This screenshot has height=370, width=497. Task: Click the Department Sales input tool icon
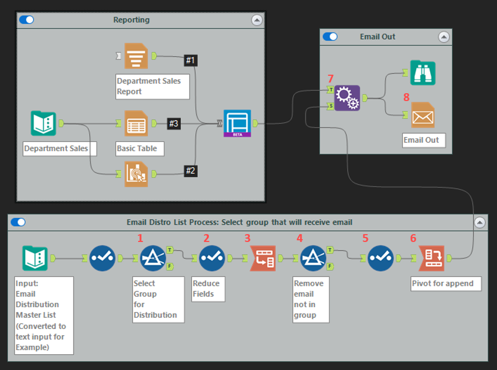pyautogui.click(x=43, y=124)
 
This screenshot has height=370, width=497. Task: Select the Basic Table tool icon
pyautogui.click(x=136, y=124)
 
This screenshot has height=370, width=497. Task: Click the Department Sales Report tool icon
pyautogui.click(x=136, y=56)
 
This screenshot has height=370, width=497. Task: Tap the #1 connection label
pyautogui.click(x=190, y=60)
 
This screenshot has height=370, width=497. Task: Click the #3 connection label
pyautogui.click(x=174, y=124)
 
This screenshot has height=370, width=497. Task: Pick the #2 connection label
pyautogui.click(x=190, y=171)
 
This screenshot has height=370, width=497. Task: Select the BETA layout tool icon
pyautogui.click(x=237, y=124)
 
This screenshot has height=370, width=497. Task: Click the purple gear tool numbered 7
pyautogui.click(x=346, y=98)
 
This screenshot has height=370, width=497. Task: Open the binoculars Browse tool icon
pyautogui.click(x=422, y=72)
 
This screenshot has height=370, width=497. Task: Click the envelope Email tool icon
pyautogui.click(x=422, y=115)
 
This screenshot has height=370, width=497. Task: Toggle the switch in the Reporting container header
pyautogui.click(x=26, y=20)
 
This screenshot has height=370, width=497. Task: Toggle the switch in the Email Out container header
pyautogui.click(x=330, y=36)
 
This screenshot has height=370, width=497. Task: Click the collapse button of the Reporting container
pyautogui.click(x=257, y=20)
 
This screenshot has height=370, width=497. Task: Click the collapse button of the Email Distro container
pyautogui.click(x=480, y=222)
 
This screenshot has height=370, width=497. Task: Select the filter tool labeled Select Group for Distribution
pyautogui.click(x=153, y=258)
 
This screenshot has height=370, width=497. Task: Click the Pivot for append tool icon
pyautogui.click(x=431, y=258)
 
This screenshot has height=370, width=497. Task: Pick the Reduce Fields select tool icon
pyautogui.click(x=212, y=258)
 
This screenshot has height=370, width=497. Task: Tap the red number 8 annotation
pyautogui.click(x=407, y=97)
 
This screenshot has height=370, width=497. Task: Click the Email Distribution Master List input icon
pyautogui.click(x=35, y=258)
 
